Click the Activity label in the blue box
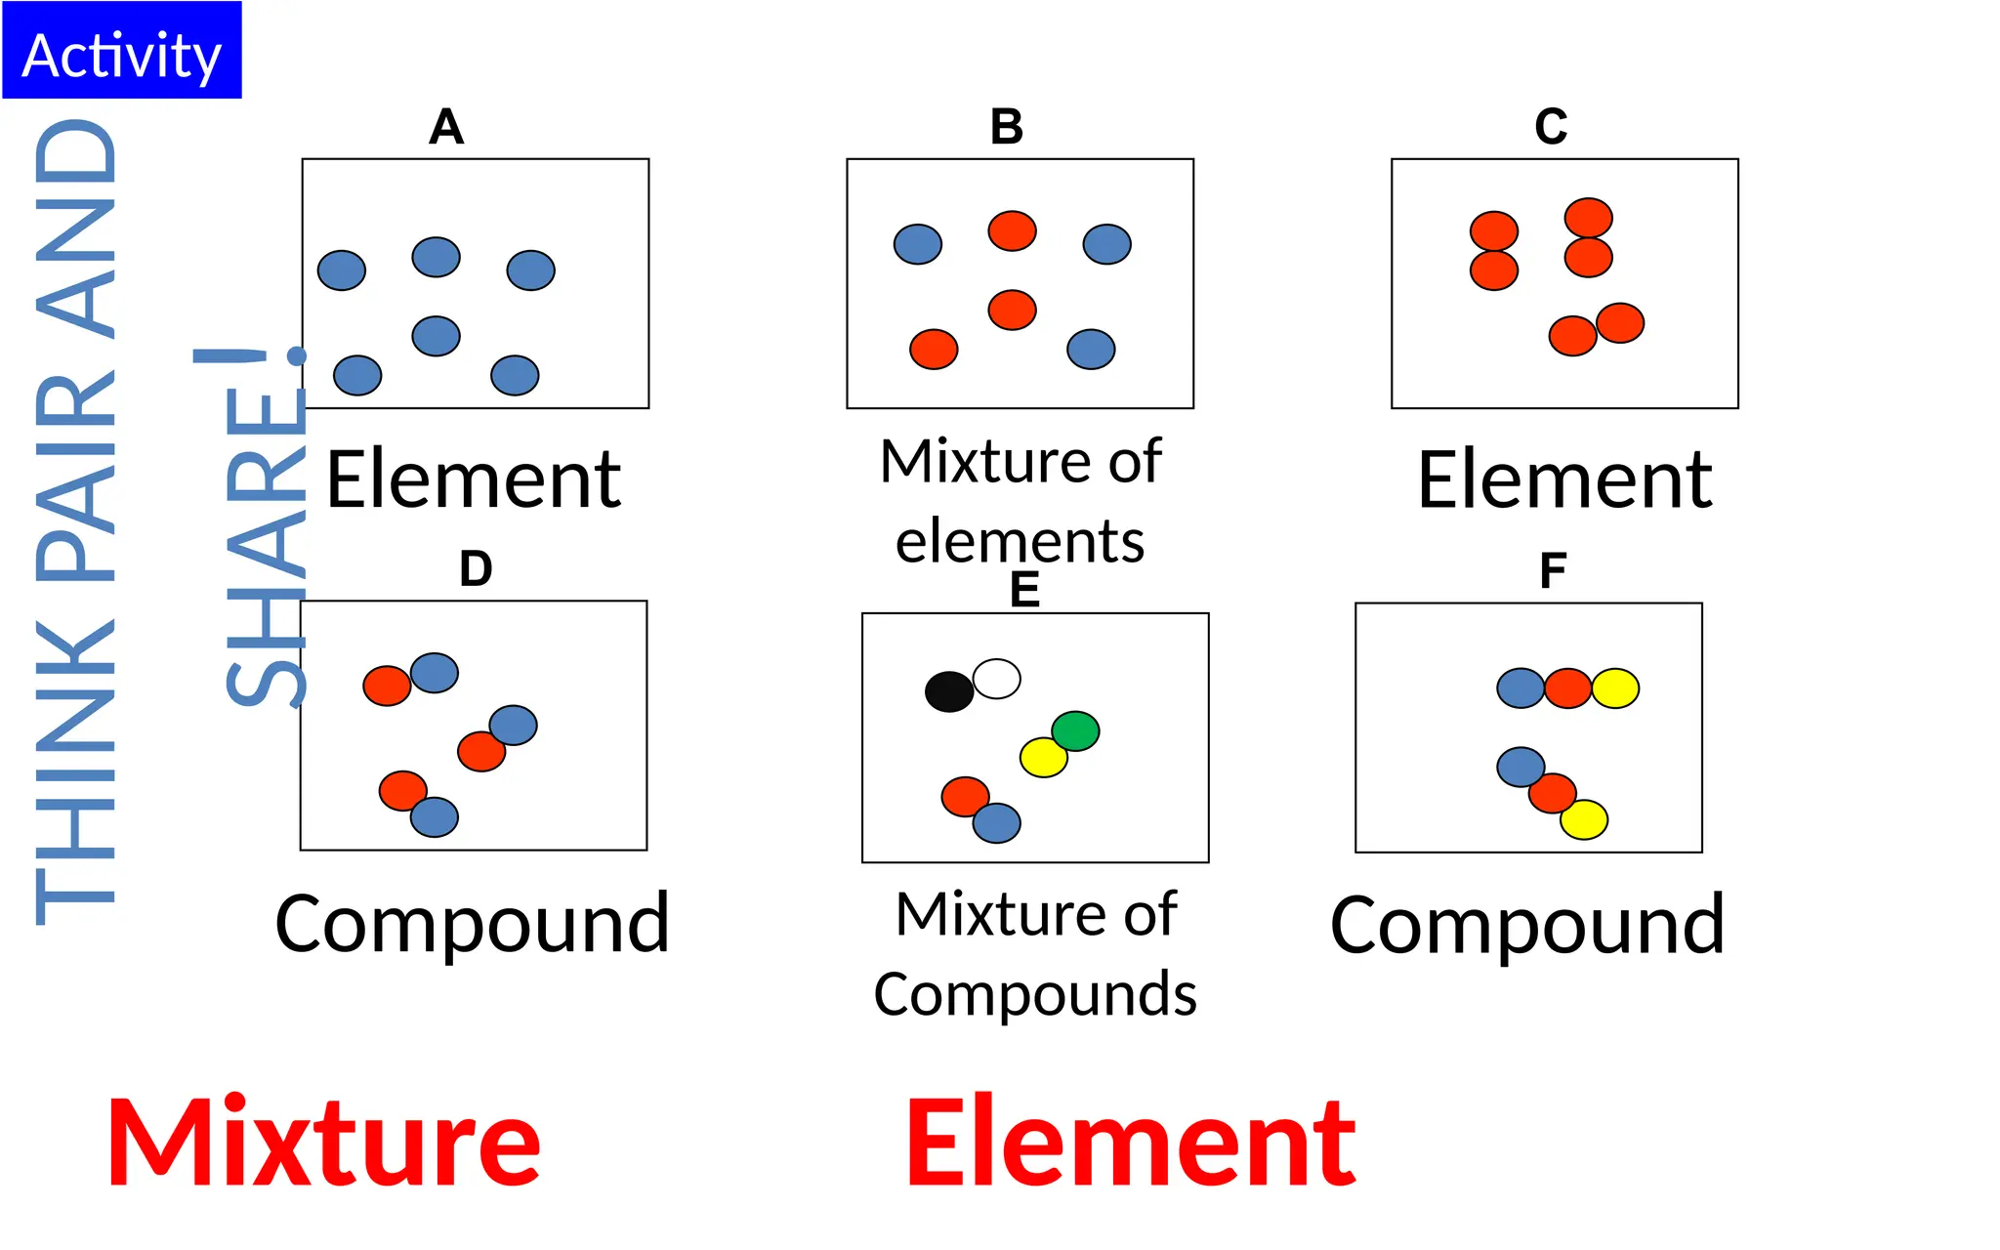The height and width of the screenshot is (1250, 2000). [x=121, y=55]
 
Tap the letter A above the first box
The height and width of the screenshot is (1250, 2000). [x=446, y=127]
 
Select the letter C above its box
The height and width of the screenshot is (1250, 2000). [x=1551, y=127]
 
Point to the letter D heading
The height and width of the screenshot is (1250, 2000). [x=476, y=568]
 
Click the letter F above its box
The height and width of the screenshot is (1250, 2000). [x=1553, y=571]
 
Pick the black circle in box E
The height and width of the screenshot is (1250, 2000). [x=948, y=691]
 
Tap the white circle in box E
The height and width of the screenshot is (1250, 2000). [x=997, y=678]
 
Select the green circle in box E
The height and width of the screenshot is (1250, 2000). [x=1075, y=730]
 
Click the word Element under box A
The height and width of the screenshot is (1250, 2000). [x=474, y=480]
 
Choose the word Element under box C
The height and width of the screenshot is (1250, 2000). [x=1564, y=480]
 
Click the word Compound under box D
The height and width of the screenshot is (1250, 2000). [x=473, y=924]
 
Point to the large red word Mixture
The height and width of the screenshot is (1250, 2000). [x=323, y=1143]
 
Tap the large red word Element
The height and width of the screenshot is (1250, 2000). [x=1131, y=1143]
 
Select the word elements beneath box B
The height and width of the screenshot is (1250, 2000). [x=1020, y=541]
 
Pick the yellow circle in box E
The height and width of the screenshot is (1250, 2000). [x=1043, y=757]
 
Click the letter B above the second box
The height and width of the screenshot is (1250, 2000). [x=1007, y=127]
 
